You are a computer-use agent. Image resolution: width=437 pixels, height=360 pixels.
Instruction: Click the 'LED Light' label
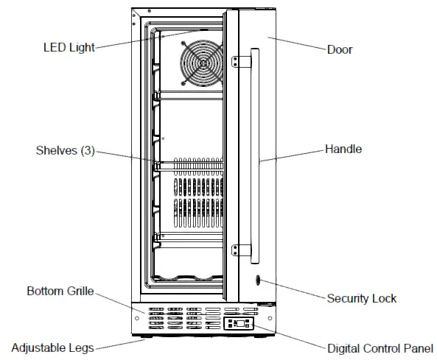tap(69, 49)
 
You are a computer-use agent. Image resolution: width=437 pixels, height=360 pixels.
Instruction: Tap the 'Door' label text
tap(340, 50)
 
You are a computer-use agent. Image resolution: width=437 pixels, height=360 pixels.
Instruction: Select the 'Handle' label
tap(343, 149)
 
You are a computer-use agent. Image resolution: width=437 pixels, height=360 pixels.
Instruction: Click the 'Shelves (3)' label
tap(65, 151)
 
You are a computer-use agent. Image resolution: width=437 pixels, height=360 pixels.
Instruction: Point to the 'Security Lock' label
tap(361, 298)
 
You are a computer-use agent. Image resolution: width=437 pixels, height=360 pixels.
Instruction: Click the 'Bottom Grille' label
tap(60, 291)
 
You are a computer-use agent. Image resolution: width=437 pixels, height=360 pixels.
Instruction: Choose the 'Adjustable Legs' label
tap(52, 347)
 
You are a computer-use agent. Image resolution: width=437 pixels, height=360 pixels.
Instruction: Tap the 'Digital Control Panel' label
tap(380, 347)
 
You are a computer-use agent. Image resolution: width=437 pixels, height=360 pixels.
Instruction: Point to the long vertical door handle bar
tap(254, 155)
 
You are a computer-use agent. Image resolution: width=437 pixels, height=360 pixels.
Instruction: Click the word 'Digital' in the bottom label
tap(343, 347)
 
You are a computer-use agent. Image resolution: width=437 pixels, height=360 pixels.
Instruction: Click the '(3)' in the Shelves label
tap(86, 151)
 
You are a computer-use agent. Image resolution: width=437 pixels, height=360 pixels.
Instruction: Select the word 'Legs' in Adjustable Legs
tap(82, 347)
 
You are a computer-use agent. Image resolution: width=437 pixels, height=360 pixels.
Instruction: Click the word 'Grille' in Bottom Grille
tap(79, 291)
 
